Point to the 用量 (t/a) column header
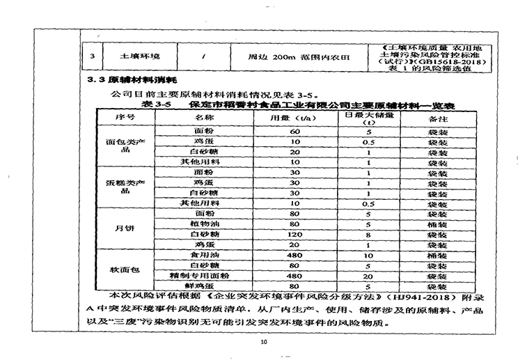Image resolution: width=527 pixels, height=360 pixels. point(284,117)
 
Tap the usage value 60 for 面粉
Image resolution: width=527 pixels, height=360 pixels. point(294,130)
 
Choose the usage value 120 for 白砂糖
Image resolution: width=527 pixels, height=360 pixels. point(294,235)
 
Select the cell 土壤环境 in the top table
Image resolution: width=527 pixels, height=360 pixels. point(141,55)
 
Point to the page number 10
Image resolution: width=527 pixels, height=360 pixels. point(262,342)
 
